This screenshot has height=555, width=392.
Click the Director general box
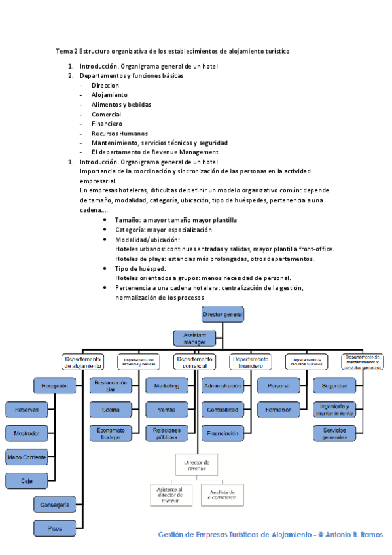pyautogui.click(x=223, y=315)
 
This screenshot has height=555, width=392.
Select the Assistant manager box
pyautogui.click(x=195, y=338)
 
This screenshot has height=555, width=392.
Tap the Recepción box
pyautogui.click(x=55, y=387)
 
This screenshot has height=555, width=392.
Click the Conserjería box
pyautogui.click(x=55, y=505)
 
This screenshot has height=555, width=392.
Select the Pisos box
pyautogui.click(x=55, y=527)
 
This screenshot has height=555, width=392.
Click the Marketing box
pyautogui.click(x=167, y=387)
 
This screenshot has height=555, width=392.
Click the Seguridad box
pyautogui.click(x=334, y=387)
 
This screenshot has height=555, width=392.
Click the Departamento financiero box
pyautogui.click(x=250, y=362)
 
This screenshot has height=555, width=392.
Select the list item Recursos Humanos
pyautogui.click(x=120, y=133)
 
